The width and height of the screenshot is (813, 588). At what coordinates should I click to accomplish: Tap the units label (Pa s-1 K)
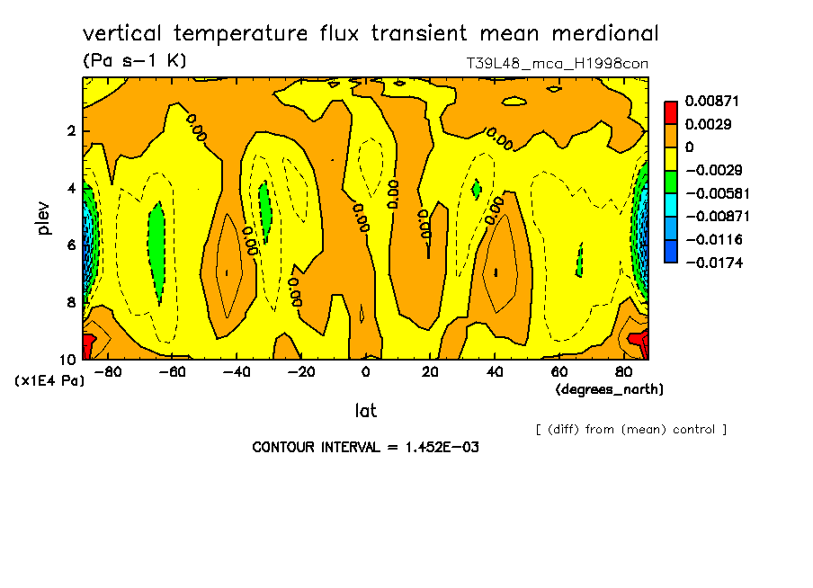tap(134, 62)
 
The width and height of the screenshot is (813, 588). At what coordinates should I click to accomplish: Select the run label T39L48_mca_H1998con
tap(557, 63)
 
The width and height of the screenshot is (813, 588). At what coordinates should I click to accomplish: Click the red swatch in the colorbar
tap(670, 111)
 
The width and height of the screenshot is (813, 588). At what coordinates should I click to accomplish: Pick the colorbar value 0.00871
tap(710, 101)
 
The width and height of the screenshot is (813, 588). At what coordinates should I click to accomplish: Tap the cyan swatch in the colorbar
tap(670, 217)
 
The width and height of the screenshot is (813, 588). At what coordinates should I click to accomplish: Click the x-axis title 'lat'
tap(365, 411)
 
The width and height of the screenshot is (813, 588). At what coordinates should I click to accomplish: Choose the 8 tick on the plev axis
tap(70, 302)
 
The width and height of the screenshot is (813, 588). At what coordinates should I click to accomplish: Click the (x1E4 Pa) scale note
tap(50, 381)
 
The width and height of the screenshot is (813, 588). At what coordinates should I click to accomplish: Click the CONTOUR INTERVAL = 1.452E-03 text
tap(365, 447)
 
